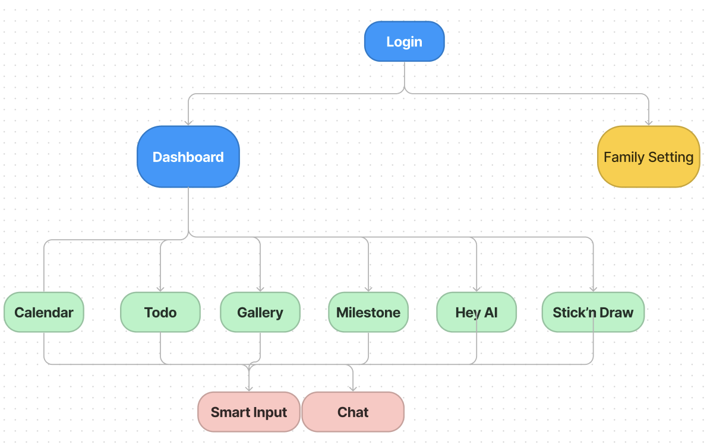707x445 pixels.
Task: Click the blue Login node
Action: click(404, 42)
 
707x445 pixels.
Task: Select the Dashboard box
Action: click(188, 157)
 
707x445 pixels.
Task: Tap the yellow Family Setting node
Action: click(648, 157)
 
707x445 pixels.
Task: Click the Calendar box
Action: click(44, 312)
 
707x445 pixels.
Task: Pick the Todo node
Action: click(160, 312)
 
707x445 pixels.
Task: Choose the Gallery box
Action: click(260, 312)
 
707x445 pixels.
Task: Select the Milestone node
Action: click(368, 312)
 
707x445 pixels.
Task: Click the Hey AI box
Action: click(476, 312)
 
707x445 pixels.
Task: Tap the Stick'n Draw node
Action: click(593, 312)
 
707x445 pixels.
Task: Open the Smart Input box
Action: click(249, 412)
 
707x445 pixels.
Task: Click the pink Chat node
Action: click(353, 412)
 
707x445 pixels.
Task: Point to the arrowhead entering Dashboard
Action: click(188, 122)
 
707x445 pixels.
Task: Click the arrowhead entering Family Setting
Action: click(648, 122)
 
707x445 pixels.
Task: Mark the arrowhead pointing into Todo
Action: click(160, 288)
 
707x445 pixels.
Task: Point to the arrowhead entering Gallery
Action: click(260, 288)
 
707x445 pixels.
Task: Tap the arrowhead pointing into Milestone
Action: click(368, 288)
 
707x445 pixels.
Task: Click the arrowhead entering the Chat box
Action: click(353, 388)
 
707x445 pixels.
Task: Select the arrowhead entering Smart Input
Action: click(249, 388)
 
